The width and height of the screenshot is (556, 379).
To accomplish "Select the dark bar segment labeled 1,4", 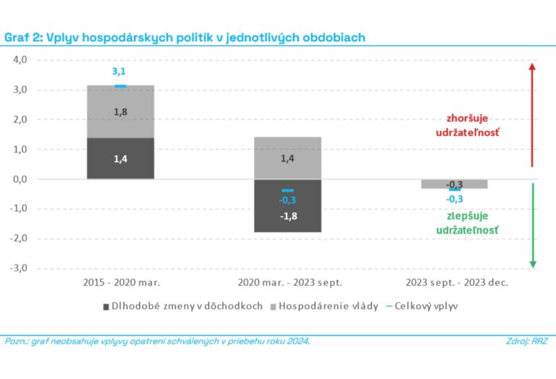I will pos(120,158).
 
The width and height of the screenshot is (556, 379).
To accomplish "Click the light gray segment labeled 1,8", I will pos(120,111).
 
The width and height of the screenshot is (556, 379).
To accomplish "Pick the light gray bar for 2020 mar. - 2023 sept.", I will pos(287,158).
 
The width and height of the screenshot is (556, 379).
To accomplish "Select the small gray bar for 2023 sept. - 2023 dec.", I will pos(454,184).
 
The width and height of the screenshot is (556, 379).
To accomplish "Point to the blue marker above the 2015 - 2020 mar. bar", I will pos(120,86).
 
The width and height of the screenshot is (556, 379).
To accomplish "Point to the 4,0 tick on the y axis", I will pos(17,61).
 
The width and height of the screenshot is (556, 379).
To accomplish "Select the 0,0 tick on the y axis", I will pos(17,179).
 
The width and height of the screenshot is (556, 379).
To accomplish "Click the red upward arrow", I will pos(532,116).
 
